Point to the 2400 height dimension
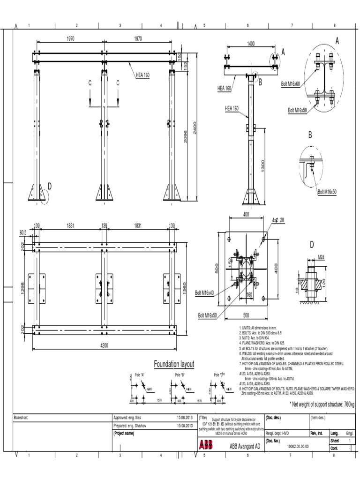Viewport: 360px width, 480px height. pyautogui.click(x=195, y=127)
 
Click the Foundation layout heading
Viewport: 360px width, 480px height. pyautogui.click(x=174, y=364)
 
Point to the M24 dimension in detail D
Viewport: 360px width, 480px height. pyautogui.click(x=321, y=257)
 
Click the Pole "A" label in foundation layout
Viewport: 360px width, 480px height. pyautogui.click(x=140, y=375)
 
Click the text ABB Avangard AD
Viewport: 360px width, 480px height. pyautogui.click(x=245, y=447)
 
